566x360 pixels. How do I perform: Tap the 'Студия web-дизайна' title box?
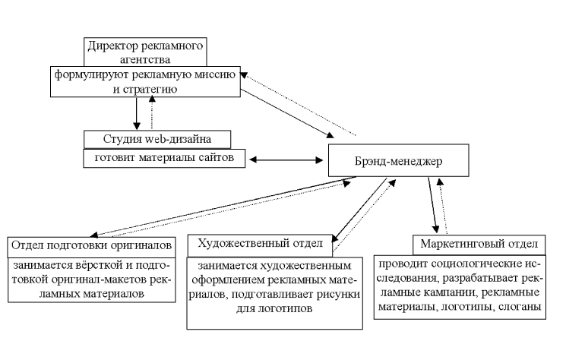pos(156,139)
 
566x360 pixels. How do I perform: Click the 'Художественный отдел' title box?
pos(261,243)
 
